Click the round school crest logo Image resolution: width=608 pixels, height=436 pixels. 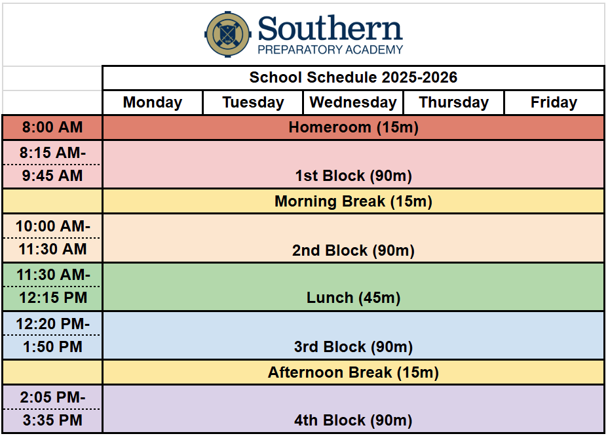coord(227,34)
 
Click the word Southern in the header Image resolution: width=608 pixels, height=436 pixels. coord(330,28)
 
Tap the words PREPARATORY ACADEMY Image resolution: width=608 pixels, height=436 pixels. coord(330,50)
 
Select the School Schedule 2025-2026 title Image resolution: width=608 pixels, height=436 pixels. coord(353,77)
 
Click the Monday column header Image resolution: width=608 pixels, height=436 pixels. coord(153,102)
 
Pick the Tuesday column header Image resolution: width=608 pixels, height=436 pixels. coord(253,102)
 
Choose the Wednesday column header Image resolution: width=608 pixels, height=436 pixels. coord(353,102)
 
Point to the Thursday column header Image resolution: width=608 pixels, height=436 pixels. coord(453,102)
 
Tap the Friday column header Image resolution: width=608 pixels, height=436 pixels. coord(554,102)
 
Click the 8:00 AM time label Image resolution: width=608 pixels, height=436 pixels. coord(52,127)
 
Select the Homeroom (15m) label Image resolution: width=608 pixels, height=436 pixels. coord(353,127)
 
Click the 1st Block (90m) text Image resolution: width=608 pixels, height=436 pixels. coord(353,176)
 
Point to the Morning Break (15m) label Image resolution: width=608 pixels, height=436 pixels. coord(353,201)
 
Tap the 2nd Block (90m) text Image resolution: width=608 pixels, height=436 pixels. coord(353,250)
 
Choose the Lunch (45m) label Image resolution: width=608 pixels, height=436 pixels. coord(353,298)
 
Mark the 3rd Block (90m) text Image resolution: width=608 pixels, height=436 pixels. coord(353,347)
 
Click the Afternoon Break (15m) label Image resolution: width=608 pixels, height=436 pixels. coord(353,372)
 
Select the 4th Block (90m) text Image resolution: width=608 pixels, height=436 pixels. coord(353,420)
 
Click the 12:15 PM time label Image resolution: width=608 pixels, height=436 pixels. coord(53,298)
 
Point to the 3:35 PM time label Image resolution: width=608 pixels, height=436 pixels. coord(52,420)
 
